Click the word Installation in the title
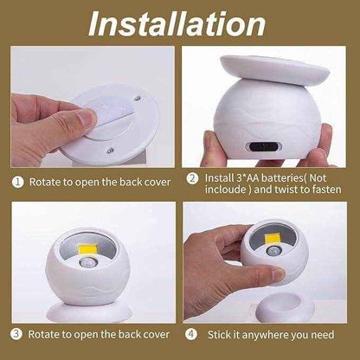click(x=179, y=22)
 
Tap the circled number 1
click(x=16, y=183)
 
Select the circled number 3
click(x=16, y=333)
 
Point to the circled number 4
click(x=193, y=333)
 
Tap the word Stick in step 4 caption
click(x=220, y=333)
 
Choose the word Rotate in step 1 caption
click(x=45, y=183)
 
